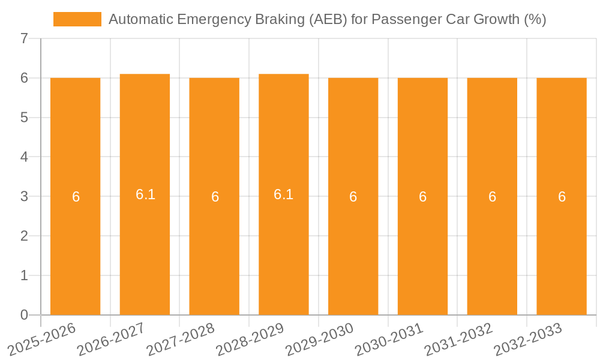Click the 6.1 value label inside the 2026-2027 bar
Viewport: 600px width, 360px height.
[145, 194]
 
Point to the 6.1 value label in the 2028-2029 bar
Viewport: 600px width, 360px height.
[284, 194]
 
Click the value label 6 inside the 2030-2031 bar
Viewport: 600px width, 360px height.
[423, 197]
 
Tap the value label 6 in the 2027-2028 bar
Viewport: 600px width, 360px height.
[215, 197]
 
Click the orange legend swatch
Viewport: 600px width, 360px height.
[77, 19]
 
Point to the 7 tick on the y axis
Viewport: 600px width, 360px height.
[24, 39]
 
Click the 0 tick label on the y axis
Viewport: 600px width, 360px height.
[24, 315]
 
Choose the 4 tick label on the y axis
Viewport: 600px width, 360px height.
[24, 157]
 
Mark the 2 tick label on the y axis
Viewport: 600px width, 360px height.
[24, 236]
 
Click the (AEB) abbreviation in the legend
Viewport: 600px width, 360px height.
[329, 19]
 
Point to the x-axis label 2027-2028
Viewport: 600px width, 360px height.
[182, 340]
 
